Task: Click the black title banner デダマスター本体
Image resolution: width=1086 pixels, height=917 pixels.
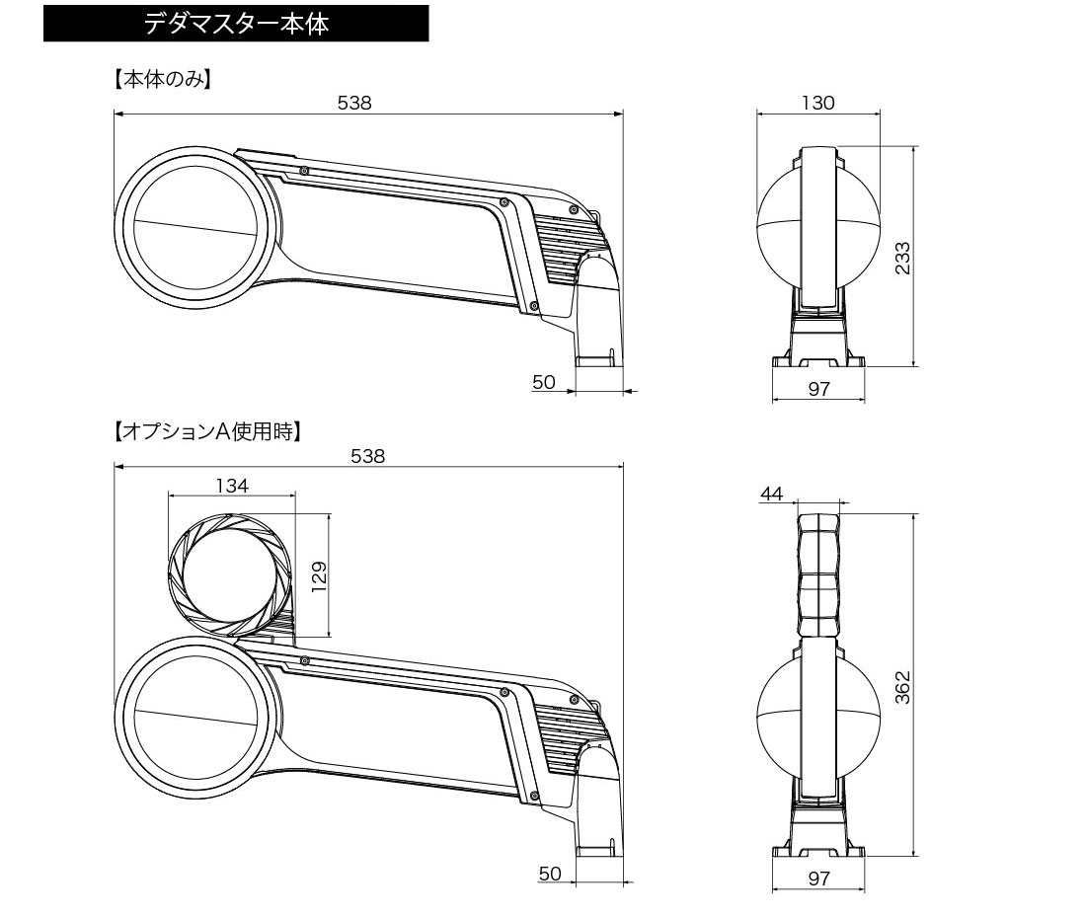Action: (236, 25)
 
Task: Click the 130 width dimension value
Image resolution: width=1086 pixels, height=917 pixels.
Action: (818, 102)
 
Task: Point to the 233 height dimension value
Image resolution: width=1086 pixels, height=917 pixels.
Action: (902, 258)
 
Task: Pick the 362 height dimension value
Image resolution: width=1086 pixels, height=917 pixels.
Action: (902, 687)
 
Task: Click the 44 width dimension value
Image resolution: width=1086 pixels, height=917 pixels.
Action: (772, 494)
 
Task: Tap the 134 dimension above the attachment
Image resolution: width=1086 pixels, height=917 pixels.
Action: (231, 485)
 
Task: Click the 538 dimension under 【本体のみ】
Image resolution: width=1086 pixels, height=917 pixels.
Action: (354, 102)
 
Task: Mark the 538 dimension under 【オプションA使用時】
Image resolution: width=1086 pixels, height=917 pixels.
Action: (368, 455)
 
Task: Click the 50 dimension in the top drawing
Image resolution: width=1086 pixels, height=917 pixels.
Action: (544, 382)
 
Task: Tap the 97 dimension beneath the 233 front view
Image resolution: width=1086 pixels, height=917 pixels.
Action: (818, 389)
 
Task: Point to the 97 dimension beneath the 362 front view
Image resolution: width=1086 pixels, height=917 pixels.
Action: (818, 879)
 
